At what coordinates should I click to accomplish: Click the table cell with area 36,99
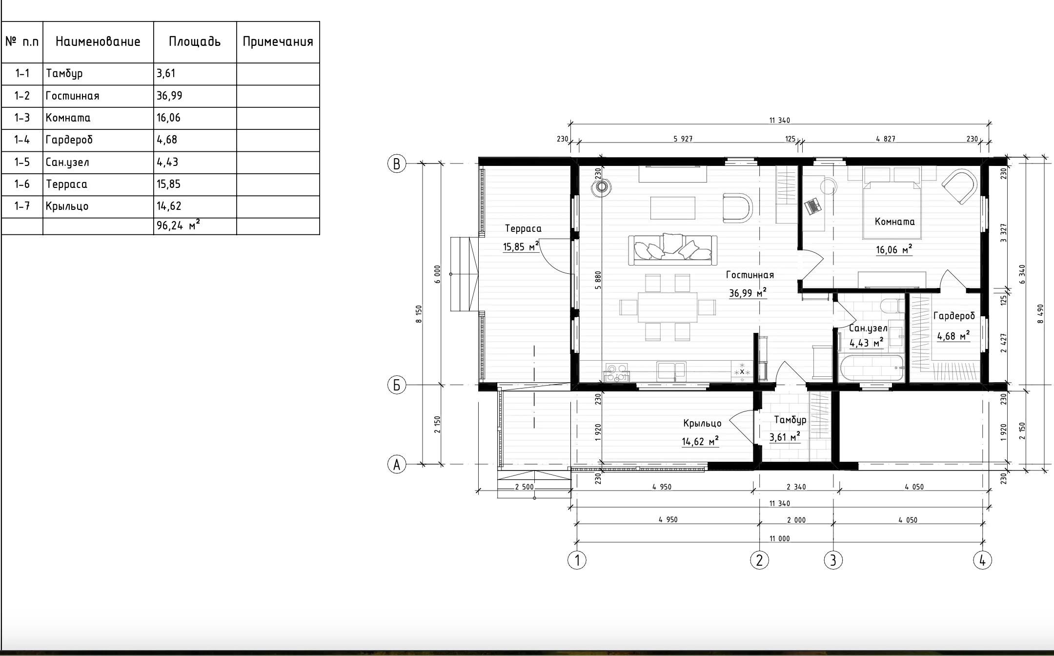(195, 96)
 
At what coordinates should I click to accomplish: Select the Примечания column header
(278, 42)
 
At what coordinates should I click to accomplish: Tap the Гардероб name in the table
(69, 140)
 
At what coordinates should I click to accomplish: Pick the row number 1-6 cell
(22, 184)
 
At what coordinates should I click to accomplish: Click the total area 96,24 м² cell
(195, 226)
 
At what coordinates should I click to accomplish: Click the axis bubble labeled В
(397, 164)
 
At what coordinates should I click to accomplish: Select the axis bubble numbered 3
(833, 560)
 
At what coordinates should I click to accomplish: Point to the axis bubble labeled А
(397, 464)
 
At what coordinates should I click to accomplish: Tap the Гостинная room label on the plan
(750, 275)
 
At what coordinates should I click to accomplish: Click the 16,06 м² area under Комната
(894, 250)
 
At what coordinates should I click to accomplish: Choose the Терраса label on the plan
(523, 228)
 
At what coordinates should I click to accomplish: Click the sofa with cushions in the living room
(673, 249)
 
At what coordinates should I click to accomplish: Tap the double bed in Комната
(892, 203)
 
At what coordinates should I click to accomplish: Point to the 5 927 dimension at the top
(683, 139)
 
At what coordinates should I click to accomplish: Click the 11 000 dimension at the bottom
(779, 538)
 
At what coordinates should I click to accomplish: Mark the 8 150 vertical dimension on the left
(418, 314)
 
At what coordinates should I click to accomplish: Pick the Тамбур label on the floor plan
(790, 420)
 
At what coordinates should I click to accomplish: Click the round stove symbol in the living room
(602, 186)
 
